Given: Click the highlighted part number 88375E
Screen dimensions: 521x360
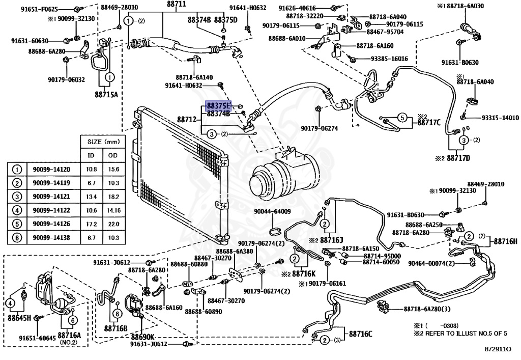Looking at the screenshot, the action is tap(218, 106).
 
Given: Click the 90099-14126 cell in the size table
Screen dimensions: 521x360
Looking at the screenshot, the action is tap(51, 224).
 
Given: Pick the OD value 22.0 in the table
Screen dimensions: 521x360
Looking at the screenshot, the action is tap(113, 224).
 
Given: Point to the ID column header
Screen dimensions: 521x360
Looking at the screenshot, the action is tap(91, 155).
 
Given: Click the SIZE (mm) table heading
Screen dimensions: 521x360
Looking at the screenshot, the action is tap(103, 142).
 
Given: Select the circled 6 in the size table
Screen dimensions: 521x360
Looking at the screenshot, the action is tap(17, 238).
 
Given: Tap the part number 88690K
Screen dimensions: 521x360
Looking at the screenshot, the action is tap(142, 336).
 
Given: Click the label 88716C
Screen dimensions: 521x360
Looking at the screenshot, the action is tap(361, 334).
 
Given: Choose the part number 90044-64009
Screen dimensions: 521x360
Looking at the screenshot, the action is tap(273, 211).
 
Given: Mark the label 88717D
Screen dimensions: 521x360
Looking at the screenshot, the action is tap(458, 158).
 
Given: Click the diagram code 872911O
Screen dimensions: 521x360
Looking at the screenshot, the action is tap(498, 349).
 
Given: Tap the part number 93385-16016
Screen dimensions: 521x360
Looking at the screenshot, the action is tap(389, 59).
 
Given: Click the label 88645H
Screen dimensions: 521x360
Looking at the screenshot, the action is tap(19, 318).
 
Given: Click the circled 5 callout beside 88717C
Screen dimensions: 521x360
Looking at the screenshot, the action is tap(402, 118).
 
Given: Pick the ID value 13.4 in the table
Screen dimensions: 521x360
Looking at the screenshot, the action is tap(92, 197).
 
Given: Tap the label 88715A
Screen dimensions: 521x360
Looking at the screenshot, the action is tap(106, 94).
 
